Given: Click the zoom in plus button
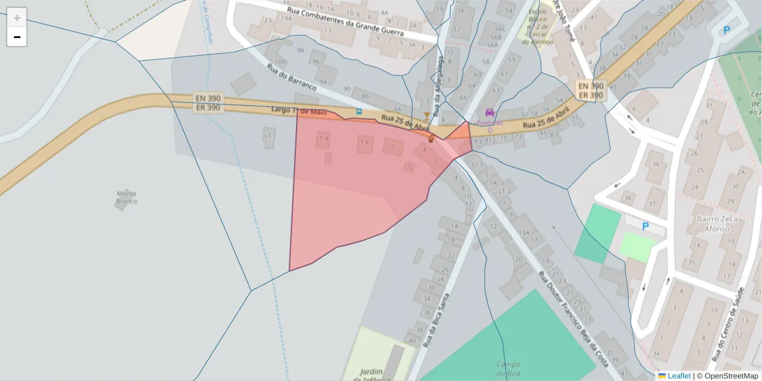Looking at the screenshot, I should [17, 18].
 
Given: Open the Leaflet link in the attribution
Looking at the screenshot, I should [678, 376].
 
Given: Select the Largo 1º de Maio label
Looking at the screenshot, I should [298, 111].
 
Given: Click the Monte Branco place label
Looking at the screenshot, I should [126, 197].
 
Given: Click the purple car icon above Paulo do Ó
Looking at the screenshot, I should [490, 112].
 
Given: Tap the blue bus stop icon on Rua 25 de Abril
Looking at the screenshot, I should [359, 111].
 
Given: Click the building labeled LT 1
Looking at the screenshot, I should [270, 135].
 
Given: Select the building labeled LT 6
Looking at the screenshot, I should [363, 142].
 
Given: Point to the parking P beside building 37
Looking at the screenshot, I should [646, 226].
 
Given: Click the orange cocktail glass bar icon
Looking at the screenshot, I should [425, 115].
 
